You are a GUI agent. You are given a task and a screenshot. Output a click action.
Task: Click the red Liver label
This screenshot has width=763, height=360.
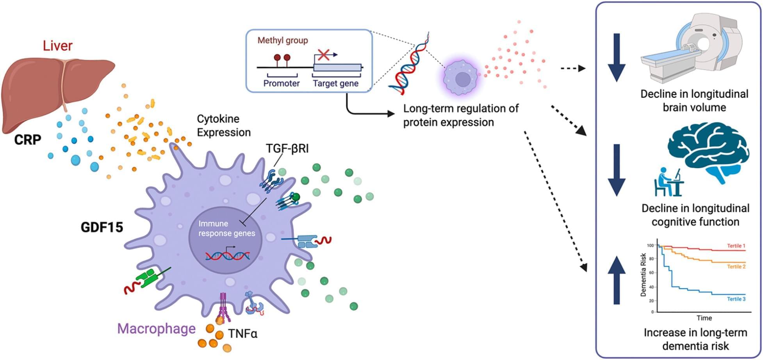point(57,46)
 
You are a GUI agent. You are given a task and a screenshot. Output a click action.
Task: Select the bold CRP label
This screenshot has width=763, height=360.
point(27,139)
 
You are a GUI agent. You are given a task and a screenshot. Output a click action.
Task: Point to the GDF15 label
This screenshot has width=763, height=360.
point(102,227)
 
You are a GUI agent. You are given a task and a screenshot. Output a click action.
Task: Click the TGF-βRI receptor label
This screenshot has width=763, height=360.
point(287,149)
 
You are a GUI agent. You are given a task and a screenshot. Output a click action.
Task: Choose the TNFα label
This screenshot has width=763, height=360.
point(242,333)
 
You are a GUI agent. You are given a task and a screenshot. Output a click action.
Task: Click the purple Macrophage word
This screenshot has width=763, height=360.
point(156,328)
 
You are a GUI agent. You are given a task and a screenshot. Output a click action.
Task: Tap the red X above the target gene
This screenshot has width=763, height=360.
point(323,54)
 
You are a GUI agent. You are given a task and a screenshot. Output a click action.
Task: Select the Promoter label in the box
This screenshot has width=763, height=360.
point(281,83)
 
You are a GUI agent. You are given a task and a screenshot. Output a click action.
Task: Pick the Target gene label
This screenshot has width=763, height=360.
point(335,83)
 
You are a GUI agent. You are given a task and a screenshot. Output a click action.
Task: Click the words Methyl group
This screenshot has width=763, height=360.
point(282,40)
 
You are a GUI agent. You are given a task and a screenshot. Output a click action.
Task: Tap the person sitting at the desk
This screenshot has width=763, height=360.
point(666,182)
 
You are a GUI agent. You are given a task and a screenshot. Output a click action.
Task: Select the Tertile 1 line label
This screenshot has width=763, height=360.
point(736,246)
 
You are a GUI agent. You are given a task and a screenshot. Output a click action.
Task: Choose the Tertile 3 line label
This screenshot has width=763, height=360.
point(736,299)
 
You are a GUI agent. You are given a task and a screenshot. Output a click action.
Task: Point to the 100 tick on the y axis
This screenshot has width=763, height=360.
point(650,246)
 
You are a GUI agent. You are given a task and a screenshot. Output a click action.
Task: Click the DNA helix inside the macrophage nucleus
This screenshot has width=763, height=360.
point(228,255)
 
